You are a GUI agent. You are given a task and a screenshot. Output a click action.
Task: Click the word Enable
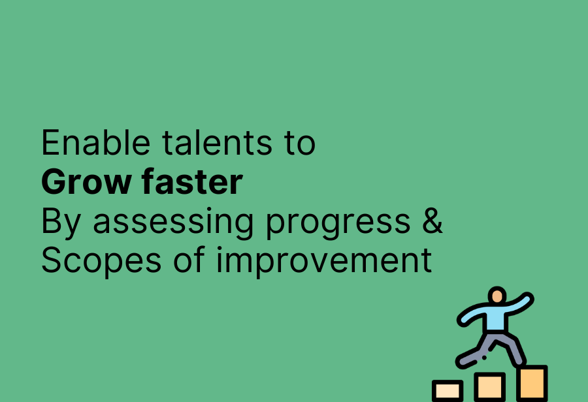[x=95, y=142]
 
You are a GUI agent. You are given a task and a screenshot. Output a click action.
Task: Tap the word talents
[x=218, y=142]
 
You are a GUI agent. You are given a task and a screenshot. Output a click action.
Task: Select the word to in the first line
[x=300, y=144]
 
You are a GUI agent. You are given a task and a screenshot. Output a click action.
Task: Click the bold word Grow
[x=86, y=182]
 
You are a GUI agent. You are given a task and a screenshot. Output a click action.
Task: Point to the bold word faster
[x=192, y=181]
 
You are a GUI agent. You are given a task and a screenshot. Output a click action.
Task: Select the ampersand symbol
[x=433, y=221]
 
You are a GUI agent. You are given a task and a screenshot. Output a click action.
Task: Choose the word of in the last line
[x=189, y=260]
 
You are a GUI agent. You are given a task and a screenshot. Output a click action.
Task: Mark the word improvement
[x=324, y=260]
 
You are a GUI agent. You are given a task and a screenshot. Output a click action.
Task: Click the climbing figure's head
[x=497, y=295]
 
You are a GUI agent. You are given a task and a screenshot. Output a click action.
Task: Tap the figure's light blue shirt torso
[x=495, y=318]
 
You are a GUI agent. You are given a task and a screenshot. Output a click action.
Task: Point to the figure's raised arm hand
[x=528, y=299]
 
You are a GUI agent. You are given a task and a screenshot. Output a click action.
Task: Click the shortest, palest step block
[x=448, y=391]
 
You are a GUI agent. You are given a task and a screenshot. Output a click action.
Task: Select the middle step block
[x=490, y=387]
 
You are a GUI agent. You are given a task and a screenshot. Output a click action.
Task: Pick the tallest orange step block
[x=532, y=383]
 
